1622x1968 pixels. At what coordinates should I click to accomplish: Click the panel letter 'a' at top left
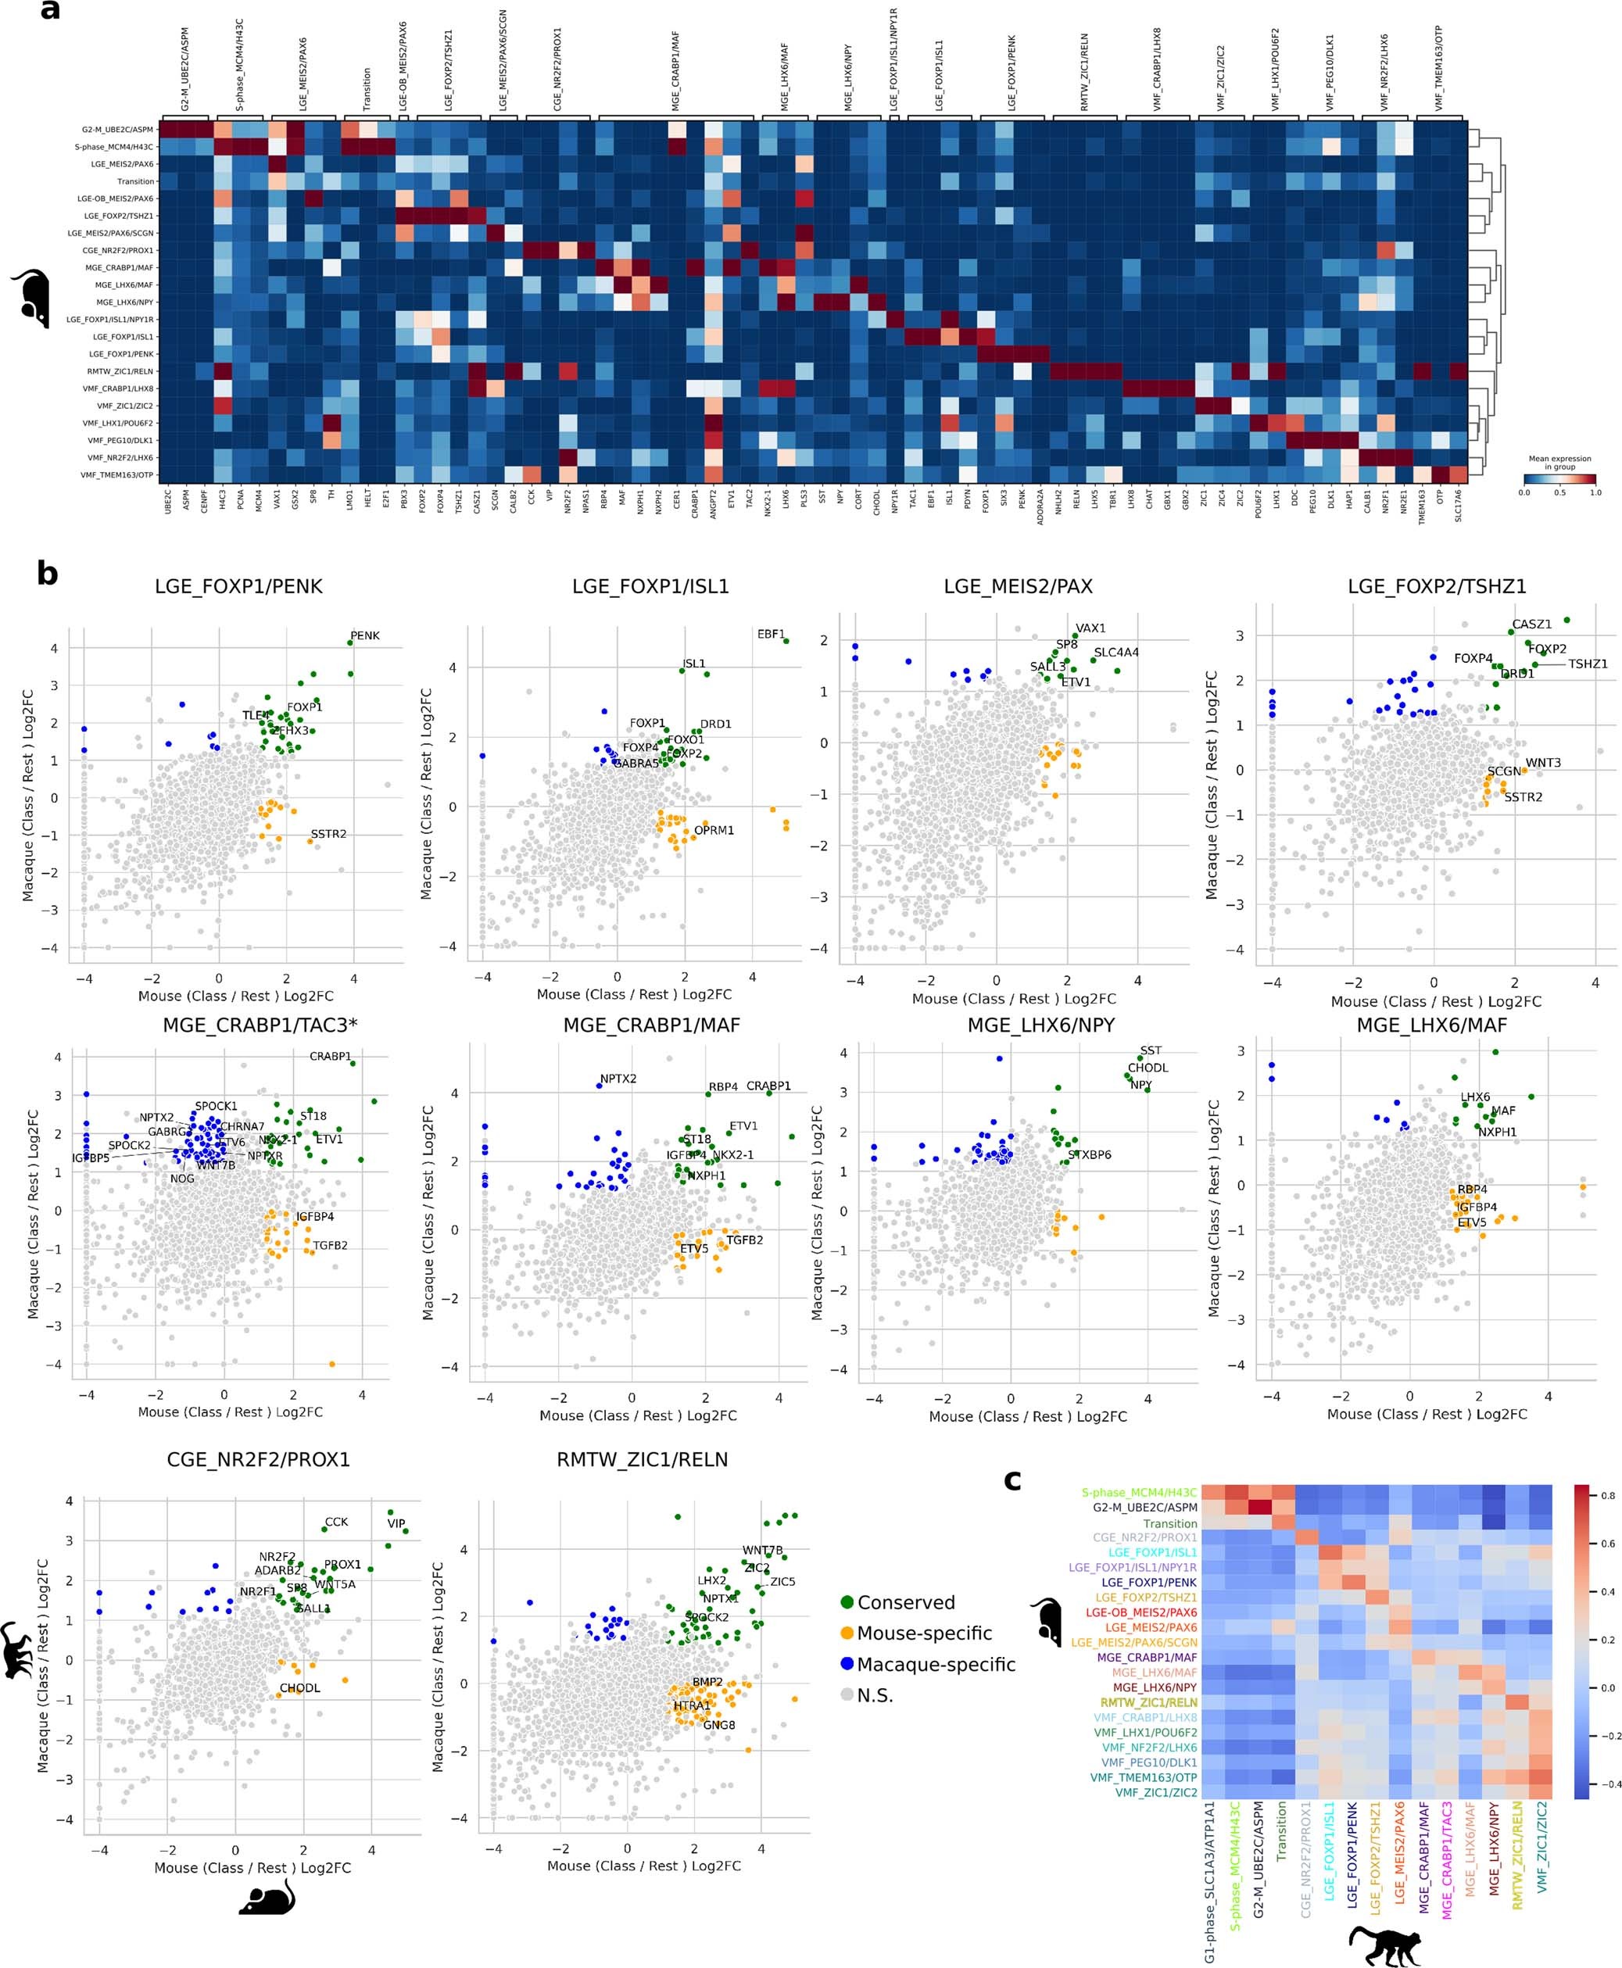point(48,13)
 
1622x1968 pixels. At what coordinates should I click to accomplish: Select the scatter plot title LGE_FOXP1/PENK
point(238,587)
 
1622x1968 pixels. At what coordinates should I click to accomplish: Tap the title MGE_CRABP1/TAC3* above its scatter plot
point(260,1025)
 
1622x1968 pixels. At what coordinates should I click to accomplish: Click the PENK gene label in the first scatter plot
point(364,635)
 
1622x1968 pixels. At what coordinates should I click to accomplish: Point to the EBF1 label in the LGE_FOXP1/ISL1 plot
point(771,634)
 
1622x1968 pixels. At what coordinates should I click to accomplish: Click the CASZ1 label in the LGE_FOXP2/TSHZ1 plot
point(1531,624)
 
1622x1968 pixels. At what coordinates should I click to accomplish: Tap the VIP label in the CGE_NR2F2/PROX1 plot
point(396,1523)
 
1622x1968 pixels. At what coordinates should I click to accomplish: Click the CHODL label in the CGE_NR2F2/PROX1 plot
point(300,1687)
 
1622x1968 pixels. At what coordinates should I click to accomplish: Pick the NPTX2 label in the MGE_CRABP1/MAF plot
point(618,1079)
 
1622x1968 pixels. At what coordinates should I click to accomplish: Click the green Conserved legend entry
point(896,1602)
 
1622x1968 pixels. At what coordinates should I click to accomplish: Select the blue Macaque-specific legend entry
point(925,1665)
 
